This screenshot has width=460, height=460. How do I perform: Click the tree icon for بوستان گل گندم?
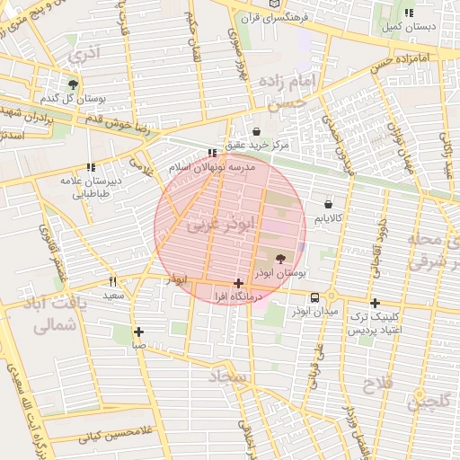(73, 84)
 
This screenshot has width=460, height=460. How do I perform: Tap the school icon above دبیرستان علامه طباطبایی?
(91, 166)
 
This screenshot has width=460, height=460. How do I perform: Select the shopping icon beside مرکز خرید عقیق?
(258, 130)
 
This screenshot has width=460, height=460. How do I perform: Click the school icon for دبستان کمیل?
(409, 13)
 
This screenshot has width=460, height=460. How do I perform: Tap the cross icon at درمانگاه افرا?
(238, 283)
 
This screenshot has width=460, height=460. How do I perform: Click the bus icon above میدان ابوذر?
(315, 297)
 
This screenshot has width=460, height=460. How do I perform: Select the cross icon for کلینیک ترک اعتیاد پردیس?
(375, 303)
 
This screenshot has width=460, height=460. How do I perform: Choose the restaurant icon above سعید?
(112, 281)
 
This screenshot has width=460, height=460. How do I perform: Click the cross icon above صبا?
(138, 332)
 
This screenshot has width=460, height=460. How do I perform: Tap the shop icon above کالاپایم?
(328, 204)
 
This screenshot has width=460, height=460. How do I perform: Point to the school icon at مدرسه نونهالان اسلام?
(212, 154)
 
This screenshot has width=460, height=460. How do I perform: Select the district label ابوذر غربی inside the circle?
(221, 225)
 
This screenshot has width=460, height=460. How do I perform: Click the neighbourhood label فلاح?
(374, 386)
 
